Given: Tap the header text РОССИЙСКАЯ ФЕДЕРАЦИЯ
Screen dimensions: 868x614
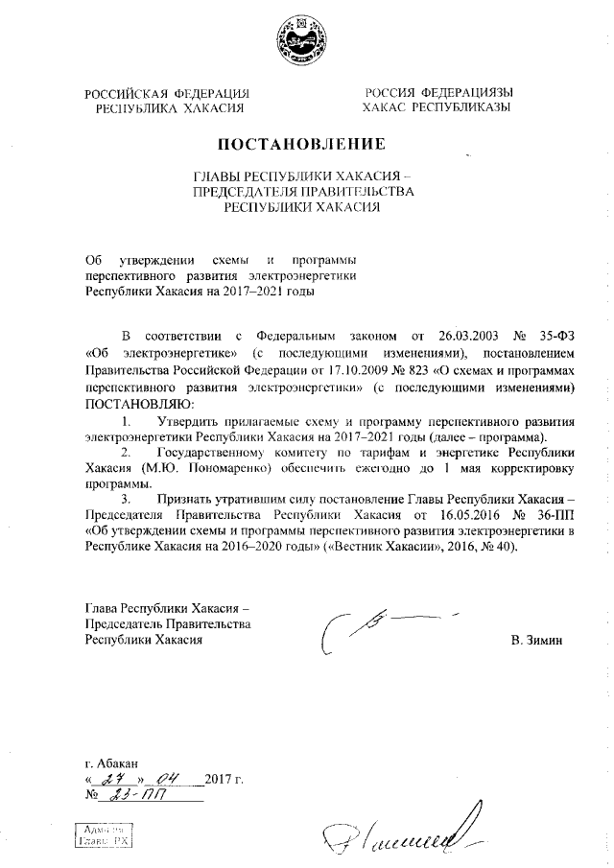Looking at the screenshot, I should click(x=167, y=93).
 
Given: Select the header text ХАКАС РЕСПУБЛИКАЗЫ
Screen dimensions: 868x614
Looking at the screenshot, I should click(x=436, y=108).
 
